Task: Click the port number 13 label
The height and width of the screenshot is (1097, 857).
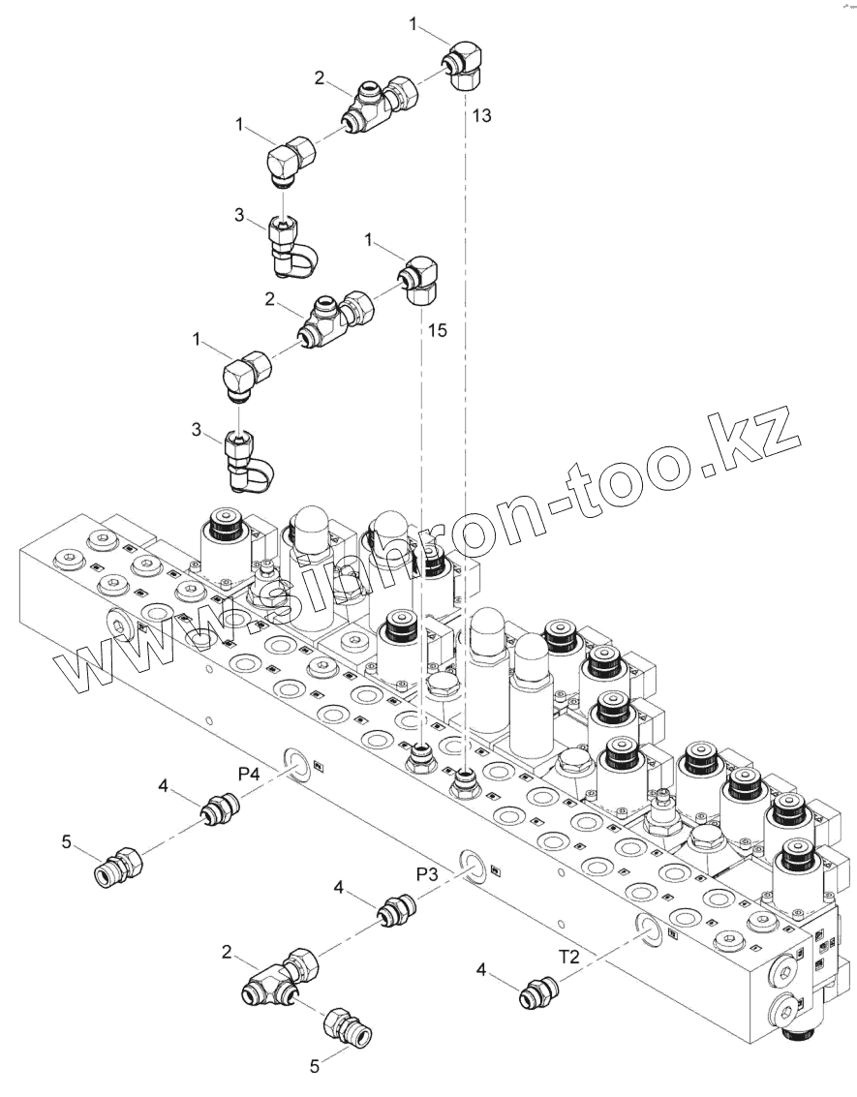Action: pos(481,116)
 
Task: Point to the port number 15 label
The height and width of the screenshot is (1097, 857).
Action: pos(438,331)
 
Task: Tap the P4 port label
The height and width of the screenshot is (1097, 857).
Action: pos(250,774)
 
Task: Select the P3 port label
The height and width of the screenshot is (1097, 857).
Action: pos(427,874)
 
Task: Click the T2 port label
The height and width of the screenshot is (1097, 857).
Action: pos(569,957)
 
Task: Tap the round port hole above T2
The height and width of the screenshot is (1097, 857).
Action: pos(649,927)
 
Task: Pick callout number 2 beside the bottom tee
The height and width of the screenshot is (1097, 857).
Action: pos(227,953)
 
